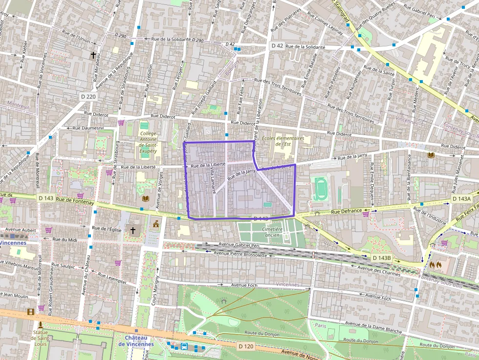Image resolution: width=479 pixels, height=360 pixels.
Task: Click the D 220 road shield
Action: point(88,97)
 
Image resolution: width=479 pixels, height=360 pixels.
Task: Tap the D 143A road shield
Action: point(461,199)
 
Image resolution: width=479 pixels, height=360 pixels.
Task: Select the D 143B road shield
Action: point(381,257)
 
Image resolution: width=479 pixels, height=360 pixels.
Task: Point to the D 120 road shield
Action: point(246,346)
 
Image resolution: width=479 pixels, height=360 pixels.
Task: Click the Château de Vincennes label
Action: point(136,340)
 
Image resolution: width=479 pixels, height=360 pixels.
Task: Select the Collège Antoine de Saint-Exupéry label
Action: point(148,142)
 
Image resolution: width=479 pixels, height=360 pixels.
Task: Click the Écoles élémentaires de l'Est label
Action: point(283,141)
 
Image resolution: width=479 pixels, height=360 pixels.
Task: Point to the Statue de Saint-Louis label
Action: point(40,336)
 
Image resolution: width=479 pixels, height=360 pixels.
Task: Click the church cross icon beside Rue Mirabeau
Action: point(93,55)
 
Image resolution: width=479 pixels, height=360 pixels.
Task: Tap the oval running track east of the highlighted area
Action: point(320,189)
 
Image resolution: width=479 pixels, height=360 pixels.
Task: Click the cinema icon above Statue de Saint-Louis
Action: point(31,312)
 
